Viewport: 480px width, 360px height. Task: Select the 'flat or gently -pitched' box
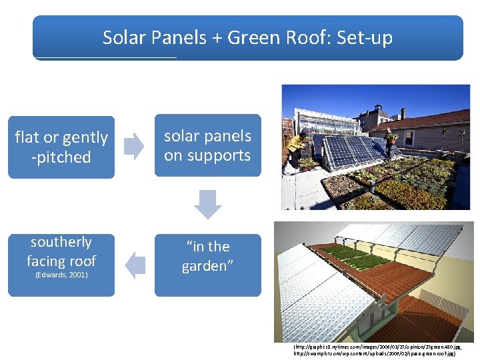pos(61,147)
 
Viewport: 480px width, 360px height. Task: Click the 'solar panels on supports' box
pos(207,146)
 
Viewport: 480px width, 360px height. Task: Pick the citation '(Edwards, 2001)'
pos(61,275)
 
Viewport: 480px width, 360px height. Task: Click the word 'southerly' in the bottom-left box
pos(61,242)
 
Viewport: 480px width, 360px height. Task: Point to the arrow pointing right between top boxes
pos(134,146)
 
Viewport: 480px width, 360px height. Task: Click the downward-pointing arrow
pos(208,204)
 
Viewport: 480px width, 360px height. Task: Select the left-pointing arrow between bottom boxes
pos(135,265)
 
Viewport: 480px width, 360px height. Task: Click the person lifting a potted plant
pos(391,139)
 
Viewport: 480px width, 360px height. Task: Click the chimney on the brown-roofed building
pos(402,113)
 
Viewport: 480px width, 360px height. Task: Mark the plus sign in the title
pos(217,38)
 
